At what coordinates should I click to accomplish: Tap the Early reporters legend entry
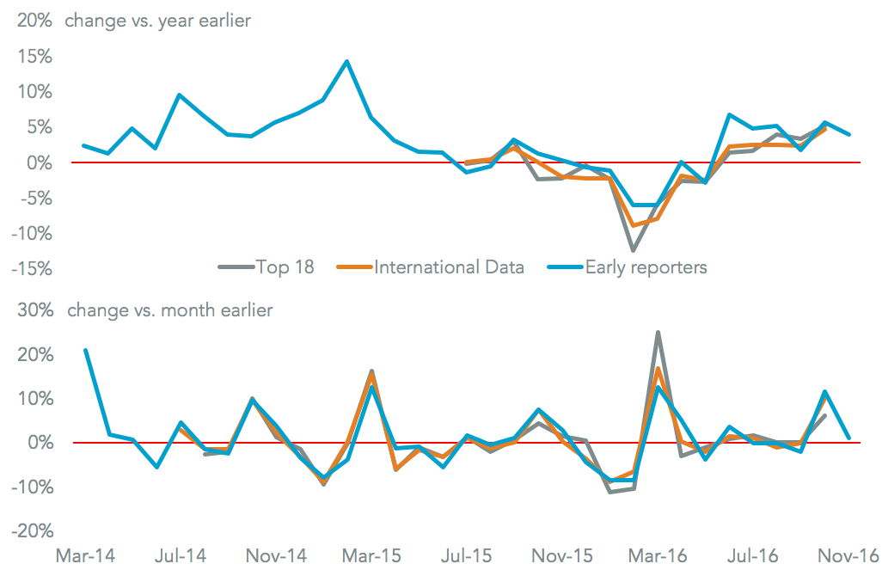(646, 267)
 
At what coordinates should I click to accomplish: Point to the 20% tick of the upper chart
(33, 21)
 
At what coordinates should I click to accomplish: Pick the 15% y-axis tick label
(33, 57)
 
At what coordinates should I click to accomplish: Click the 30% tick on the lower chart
(33, 310)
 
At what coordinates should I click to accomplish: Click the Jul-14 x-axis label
(182, 555)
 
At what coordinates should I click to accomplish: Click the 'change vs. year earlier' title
(157, 21)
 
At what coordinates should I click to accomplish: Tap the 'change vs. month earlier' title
(169, 310)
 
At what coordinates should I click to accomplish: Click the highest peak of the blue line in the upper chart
(346, 61)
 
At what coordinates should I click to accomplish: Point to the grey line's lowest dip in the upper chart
(634, 250)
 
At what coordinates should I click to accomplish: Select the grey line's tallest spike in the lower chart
(658, 332)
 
